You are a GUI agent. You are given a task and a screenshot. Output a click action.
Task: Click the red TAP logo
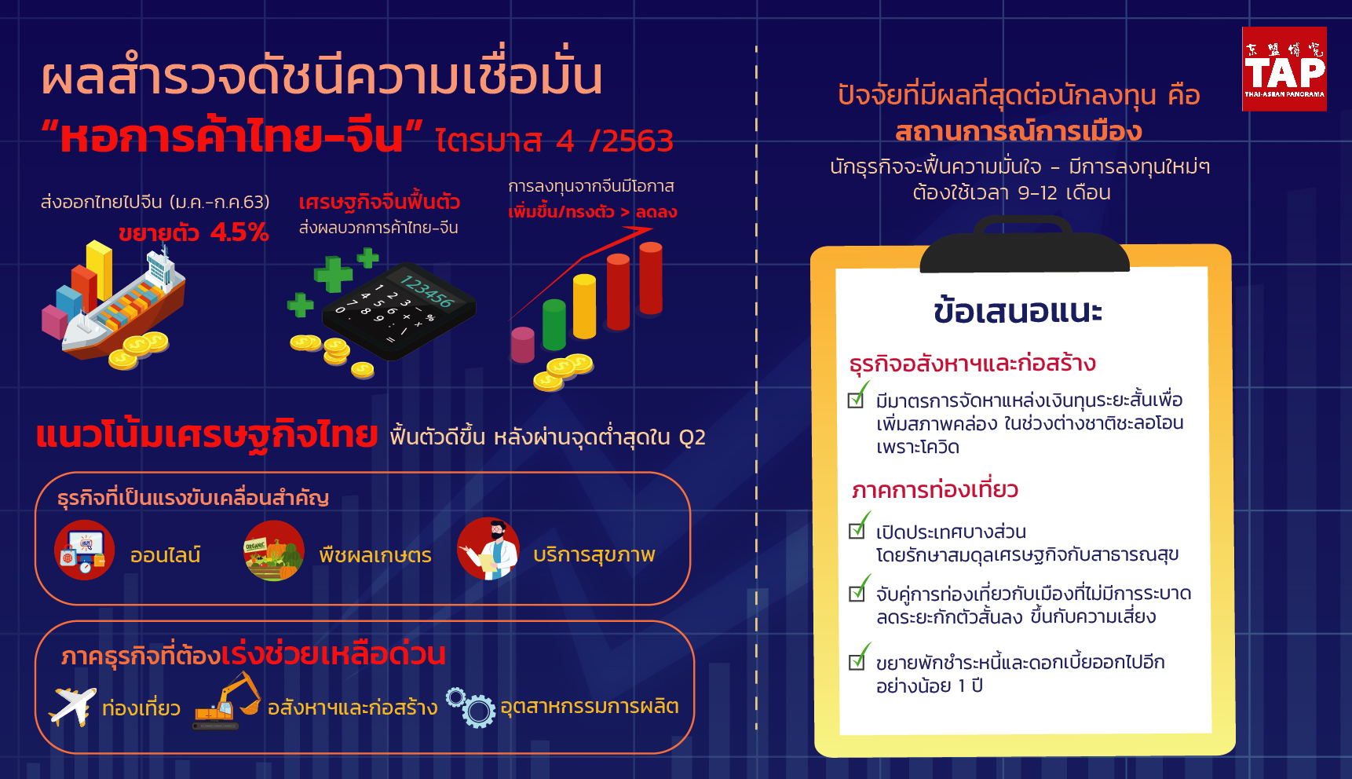(1284, 69)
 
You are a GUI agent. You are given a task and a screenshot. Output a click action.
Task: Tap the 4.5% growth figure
(239, 232)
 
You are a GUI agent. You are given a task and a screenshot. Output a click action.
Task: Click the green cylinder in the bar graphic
(554, 324)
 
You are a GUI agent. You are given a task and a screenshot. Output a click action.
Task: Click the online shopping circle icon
(85, 550)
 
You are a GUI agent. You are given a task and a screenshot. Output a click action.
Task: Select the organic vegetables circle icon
(274, 550)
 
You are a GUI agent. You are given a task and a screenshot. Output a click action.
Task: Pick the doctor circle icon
(488, 549)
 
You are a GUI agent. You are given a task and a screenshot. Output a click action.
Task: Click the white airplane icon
(72, 706)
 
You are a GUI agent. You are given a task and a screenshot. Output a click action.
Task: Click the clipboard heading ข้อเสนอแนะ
(1018, 311)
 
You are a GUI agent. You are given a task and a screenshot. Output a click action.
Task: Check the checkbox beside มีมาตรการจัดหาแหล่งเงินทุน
(856, 400)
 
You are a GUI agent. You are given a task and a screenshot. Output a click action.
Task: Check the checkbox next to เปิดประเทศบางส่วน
(857, 531)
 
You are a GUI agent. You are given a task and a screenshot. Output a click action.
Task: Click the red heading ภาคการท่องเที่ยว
(935, 489)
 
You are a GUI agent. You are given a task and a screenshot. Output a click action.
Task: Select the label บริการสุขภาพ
(594, 555)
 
